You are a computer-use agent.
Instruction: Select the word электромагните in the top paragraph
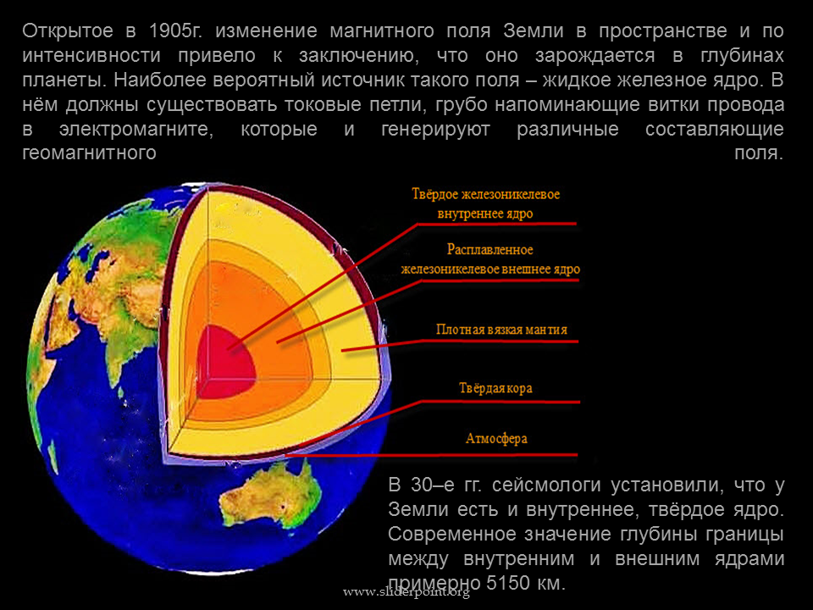point(136,129)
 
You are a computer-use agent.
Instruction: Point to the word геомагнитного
point(89,153)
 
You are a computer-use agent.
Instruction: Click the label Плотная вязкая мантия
point(501,330)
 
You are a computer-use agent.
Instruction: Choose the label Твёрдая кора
point(495,389)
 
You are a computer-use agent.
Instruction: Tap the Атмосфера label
point(496,439)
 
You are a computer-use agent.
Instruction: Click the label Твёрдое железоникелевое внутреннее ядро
point(486,204)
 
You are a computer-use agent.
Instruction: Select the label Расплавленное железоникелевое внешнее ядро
point(490,259)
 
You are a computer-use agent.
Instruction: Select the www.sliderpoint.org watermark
point(406,592)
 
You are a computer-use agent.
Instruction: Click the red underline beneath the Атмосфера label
point(431,456)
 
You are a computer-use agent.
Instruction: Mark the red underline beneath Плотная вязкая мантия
point(460,343)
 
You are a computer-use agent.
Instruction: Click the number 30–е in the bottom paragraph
point(433,485)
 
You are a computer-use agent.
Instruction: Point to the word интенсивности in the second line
point(91,56)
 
